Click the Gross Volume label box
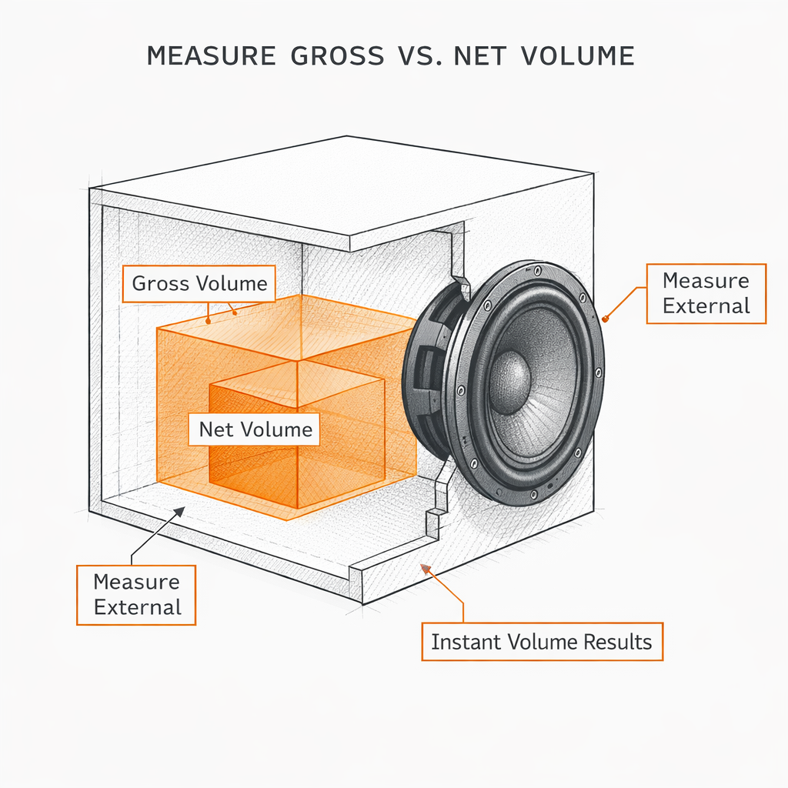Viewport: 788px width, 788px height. pos(199,284)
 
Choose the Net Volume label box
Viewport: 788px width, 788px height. pos(255,429)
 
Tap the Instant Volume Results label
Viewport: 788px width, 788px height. pos(541,642)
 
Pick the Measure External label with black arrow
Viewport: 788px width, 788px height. pos(136,594)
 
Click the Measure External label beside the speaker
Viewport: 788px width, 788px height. pos(706,293)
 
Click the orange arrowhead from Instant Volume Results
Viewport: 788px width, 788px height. pos(423,569)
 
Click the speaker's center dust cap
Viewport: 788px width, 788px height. pos(509,377)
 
